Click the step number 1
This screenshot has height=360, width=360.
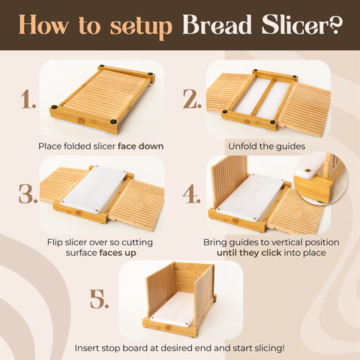pos(28,99)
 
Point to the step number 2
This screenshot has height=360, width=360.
pos(192,99)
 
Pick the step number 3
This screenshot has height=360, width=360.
pos(28,194)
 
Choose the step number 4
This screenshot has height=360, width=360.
pos(192,194)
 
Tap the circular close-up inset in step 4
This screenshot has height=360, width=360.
pos(320,178)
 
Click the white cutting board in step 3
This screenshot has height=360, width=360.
pos(94,187)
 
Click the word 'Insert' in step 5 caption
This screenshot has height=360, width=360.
pos(88,348)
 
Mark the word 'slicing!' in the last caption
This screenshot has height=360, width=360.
pos(265,348)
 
